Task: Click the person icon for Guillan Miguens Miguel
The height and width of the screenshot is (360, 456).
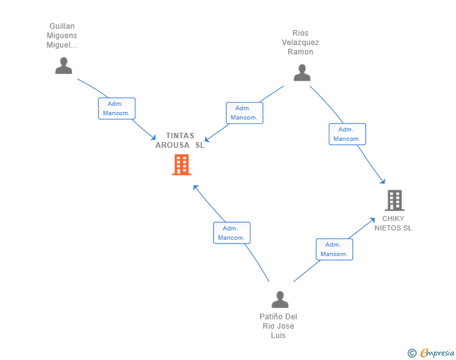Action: coord(64,66)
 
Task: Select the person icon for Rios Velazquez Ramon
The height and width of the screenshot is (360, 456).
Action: coord(302,73)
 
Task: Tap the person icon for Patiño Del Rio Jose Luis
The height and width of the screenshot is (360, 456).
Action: coord(280,299)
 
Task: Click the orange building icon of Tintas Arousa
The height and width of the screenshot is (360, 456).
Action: coord(182,165)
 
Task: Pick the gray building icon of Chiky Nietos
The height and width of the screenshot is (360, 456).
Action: coord(395,200)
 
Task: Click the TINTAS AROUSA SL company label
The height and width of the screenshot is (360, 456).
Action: coord(180,140)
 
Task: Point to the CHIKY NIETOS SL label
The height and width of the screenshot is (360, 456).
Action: coord(393,224)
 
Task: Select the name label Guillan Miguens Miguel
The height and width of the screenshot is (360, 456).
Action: coord(62,36)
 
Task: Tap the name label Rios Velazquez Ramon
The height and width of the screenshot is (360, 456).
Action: coord(301,43)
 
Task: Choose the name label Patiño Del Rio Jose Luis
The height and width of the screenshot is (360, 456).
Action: coord(278,326)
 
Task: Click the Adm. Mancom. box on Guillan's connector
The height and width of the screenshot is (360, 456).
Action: coord(117,108)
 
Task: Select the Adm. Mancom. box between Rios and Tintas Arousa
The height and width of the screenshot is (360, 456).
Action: coord(244,113)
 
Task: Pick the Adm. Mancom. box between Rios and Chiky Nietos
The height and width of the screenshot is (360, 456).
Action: coord(347,134)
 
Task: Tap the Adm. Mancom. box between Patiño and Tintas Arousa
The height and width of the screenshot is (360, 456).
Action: coord(232,233)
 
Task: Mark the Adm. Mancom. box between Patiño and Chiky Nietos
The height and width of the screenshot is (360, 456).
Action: coord(334,249)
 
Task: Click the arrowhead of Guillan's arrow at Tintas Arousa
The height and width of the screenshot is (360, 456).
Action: coord(154,138)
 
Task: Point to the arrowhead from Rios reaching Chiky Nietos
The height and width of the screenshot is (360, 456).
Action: coord(383,182)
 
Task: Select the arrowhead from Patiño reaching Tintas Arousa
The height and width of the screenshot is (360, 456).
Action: coord(195,187)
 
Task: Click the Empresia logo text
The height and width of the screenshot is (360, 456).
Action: coord(437,352)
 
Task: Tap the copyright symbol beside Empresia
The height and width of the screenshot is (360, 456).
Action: coord(412,353)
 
